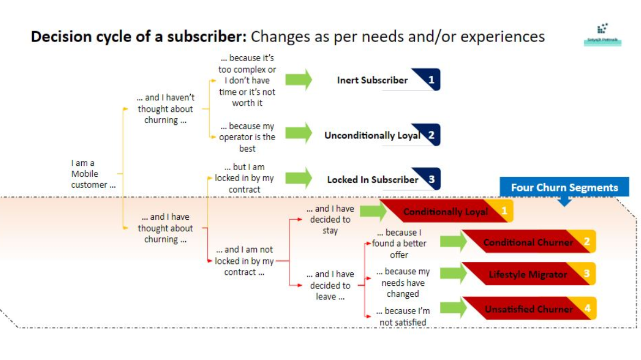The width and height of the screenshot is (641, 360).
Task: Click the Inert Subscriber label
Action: point(372,80)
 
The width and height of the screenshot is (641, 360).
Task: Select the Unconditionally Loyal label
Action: point(372,135)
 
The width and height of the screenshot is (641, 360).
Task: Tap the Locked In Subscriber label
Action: point(373,179)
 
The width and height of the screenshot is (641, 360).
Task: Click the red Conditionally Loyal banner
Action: point(445,212)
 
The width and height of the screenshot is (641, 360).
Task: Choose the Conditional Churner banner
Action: point(528,242)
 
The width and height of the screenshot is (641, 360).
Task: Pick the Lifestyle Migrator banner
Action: point(528,274)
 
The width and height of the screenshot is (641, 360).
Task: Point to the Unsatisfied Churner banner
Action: point(528,309)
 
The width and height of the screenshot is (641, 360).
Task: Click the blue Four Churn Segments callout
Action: point(564,188)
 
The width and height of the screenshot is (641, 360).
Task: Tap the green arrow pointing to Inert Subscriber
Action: point(298,80)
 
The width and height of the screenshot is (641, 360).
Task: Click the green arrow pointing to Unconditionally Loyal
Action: point(298,133)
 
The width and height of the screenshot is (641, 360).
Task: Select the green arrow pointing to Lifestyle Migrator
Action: point(453,274)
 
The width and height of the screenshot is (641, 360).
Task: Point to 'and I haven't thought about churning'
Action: point(165,109)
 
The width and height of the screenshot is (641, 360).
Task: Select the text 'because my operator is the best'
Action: point(247,137)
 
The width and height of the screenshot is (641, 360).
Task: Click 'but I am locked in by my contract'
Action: point(244,178)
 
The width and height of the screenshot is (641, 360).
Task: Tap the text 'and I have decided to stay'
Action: point(330,219)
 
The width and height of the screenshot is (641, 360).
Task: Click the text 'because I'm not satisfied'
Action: point(403,316)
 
